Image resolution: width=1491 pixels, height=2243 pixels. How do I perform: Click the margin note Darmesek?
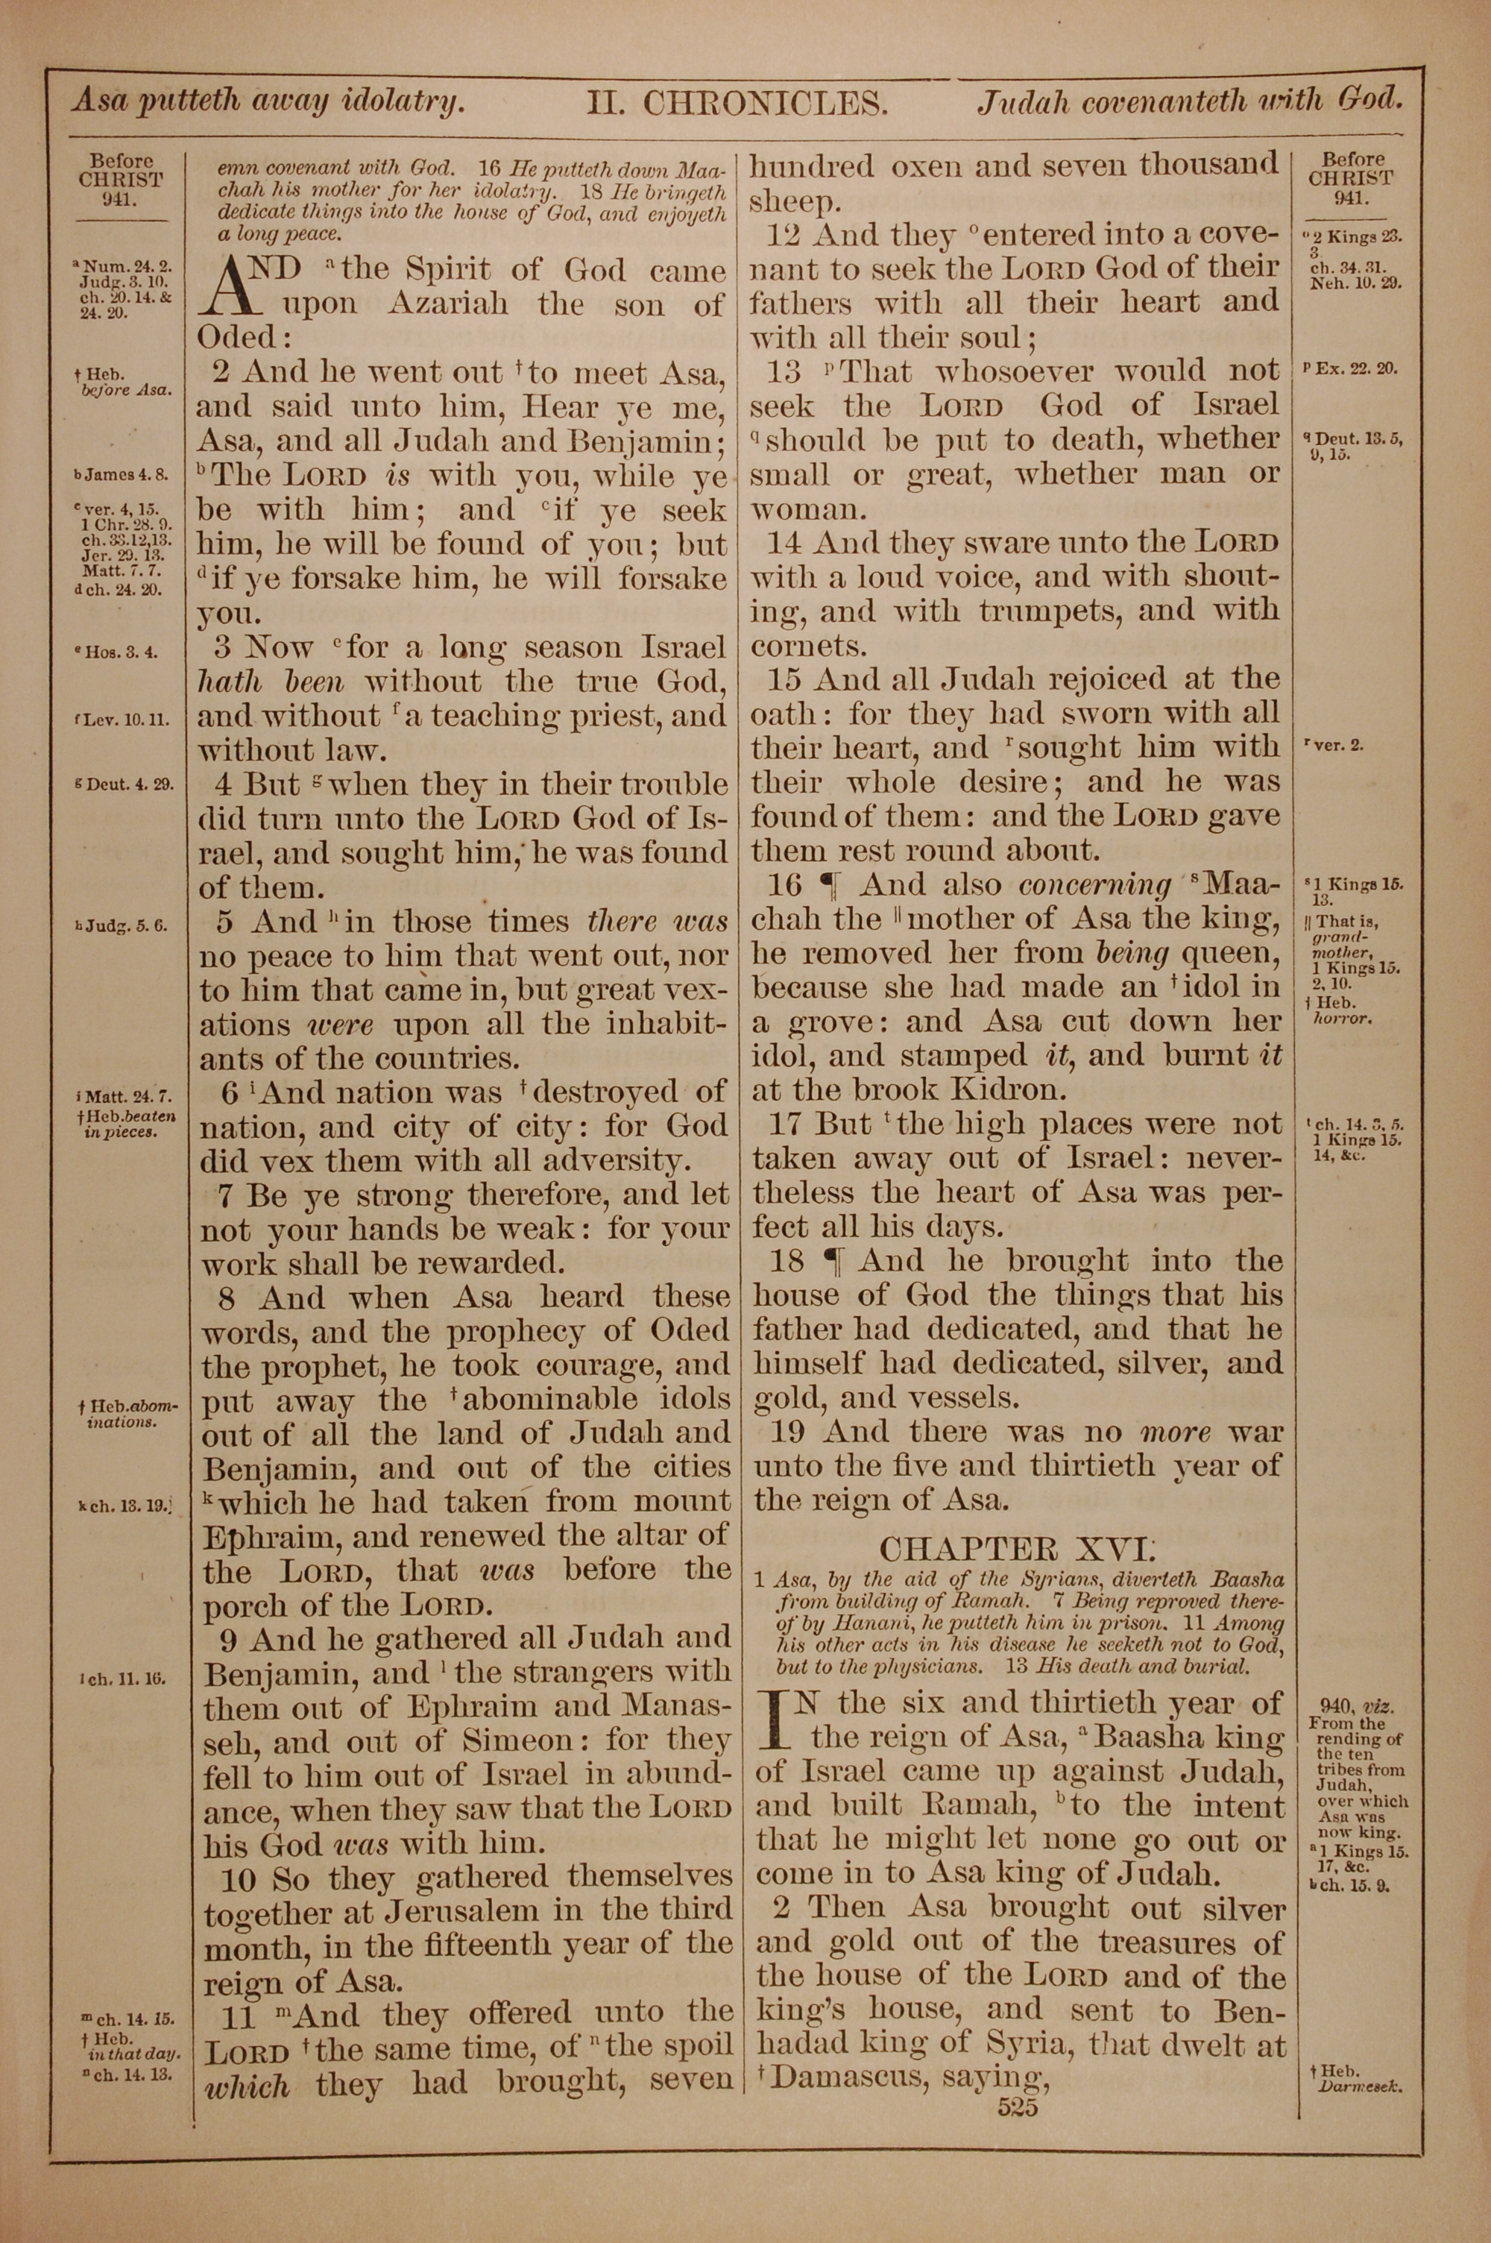pyautogui.click(x=1361, y=2088)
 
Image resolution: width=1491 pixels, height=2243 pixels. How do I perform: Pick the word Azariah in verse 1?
pyautogui.click(x=447, y=305)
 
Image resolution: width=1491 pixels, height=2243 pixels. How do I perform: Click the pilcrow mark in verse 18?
pyautogui.click(x=832, y=1262)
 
